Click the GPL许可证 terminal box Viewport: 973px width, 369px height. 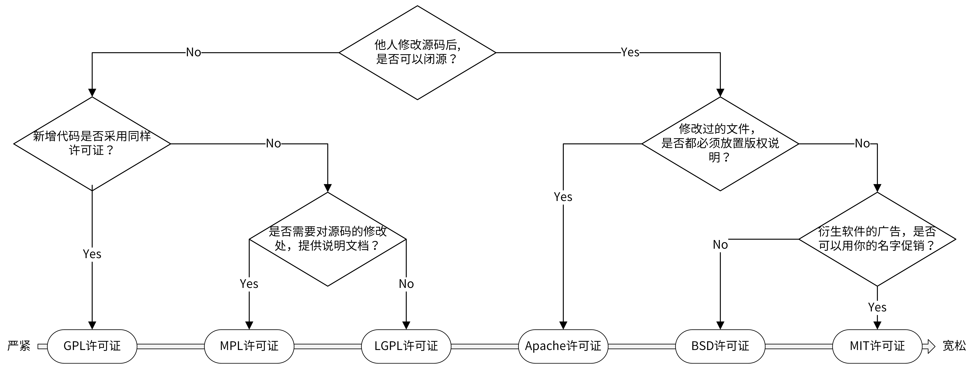92,346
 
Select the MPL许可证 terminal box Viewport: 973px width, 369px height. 249,346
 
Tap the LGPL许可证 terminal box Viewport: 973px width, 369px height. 406,346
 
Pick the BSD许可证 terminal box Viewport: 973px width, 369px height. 720,346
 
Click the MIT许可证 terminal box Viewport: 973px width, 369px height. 877,346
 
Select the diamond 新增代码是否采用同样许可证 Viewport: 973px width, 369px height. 92,143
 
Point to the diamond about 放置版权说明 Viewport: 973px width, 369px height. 720,143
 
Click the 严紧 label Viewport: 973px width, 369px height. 19,346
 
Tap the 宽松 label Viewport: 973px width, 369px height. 954,346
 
